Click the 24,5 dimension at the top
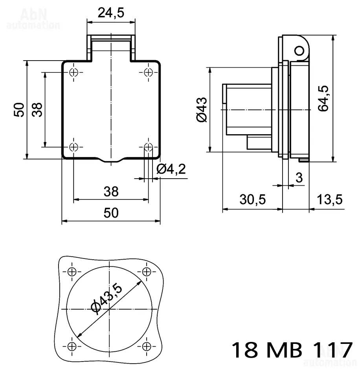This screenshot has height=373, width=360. (x=111, y=13)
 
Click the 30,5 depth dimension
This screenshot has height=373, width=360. (x=253, y=199)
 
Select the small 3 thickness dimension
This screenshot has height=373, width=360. (x=299, y=178)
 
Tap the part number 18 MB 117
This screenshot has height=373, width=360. (x=291, y=350)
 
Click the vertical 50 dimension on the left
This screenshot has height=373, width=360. (x=19, y=110)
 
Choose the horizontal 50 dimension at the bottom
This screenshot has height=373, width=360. (x=111, y=213)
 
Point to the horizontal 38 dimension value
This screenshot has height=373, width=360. (x=111, y=192)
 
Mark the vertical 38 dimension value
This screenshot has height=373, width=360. (x=37, y=110)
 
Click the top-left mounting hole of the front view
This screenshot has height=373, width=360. (x=74, y=72)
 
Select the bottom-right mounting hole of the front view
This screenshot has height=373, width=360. (x=148, y=147)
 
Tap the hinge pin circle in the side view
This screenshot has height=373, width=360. (x=299, y=50)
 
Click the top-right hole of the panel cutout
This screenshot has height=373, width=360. (x=147, y=271)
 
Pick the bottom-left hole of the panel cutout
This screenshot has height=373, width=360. (x=72, y=346)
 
